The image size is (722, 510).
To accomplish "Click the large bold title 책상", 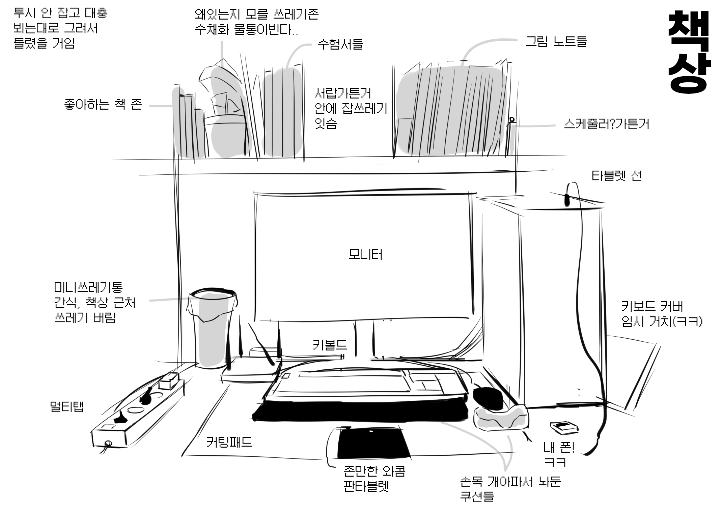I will (689, 52).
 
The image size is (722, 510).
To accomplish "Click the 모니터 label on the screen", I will (366, 255).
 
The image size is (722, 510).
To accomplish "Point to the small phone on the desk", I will (564, 428).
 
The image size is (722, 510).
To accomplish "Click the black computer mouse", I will (488, 398).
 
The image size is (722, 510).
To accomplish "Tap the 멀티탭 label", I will (66, 407).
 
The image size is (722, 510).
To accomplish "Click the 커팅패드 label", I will (229, 442).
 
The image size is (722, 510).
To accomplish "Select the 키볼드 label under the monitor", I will (330, 345).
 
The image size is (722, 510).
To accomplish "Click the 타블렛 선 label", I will (617, 176).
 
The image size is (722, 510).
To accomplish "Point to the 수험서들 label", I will (340, 44).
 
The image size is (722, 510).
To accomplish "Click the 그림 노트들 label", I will (556, 41).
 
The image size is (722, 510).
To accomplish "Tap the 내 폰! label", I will (559, 448).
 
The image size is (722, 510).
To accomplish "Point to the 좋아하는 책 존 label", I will (103, 105).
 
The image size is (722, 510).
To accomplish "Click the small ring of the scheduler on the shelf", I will (511, 119).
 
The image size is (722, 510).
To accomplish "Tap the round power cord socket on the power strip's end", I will (108, 443).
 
